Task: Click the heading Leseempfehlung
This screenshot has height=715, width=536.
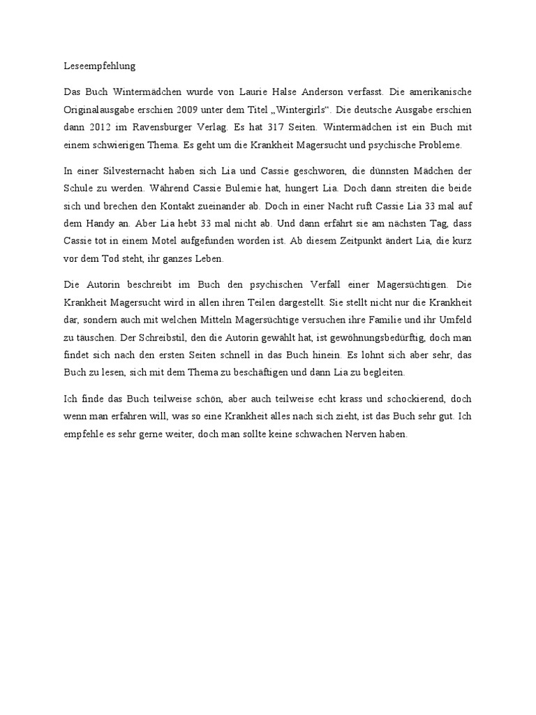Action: (x=95, y=66)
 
